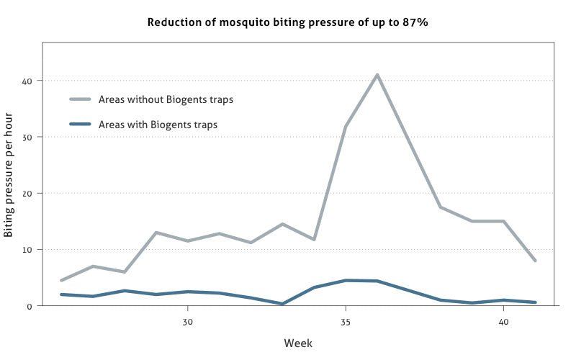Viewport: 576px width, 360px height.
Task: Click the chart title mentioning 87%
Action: click(x=289, y=22)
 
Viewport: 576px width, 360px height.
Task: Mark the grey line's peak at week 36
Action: click(x=377, y=74)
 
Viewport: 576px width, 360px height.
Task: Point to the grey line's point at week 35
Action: click(x=346, y=127)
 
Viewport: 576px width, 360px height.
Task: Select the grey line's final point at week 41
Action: click(x=534, y=261)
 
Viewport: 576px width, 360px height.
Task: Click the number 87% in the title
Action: click(x=415, y=22)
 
